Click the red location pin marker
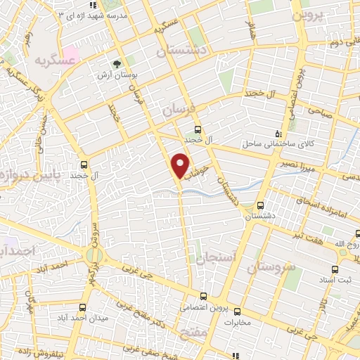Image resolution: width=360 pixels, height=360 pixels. (180, 165)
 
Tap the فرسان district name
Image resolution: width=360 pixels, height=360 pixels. (175, 110)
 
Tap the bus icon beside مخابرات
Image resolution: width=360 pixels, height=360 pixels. (237, 312)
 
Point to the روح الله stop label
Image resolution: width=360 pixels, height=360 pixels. (345, 245)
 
